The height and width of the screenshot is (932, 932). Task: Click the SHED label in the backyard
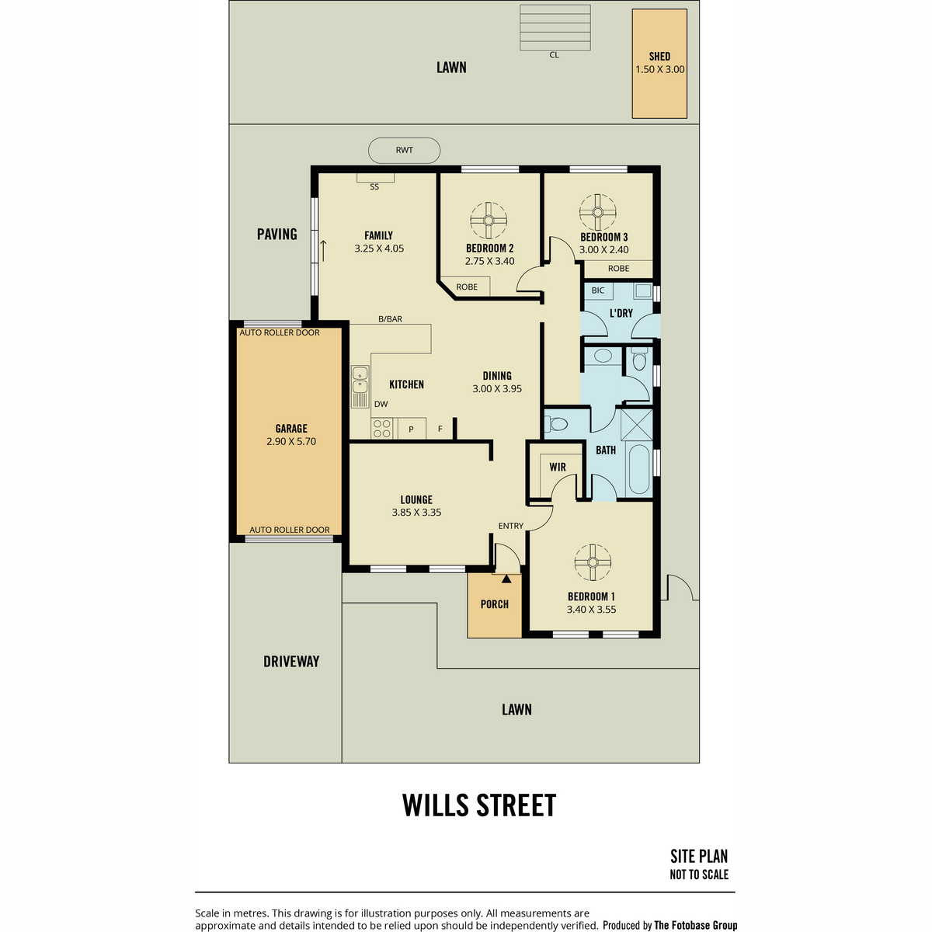[659, 57]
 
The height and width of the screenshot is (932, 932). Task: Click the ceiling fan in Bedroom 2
[489, 221]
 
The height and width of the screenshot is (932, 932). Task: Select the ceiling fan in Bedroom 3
[598, 212]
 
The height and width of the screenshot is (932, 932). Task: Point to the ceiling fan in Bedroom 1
[593, 562]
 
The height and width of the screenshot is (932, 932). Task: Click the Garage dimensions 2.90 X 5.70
[290, 441]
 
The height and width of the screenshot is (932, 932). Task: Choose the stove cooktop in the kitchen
[382, 428]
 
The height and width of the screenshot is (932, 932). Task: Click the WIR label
[557, 468]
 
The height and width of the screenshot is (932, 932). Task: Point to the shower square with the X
[637, 424]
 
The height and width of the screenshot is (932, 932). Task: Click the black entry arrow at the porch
[506, 579]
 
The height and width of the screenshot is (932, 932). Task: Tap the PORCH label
[494, 604]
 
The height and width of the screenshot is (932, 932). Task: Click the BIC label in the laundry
[598, 290]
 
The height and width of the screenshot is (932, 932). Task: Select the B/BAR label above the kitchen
[390, 318]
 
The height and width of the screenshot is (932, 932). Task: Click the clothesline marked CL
[555, 27]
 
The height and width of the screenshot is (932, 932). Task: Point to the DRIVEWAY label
[291, 661]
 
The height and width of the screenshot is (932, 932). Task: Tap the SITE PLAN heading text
[698, 856]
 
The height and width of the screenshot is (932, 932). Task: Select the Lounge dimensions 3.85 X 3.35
[416, 512]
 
